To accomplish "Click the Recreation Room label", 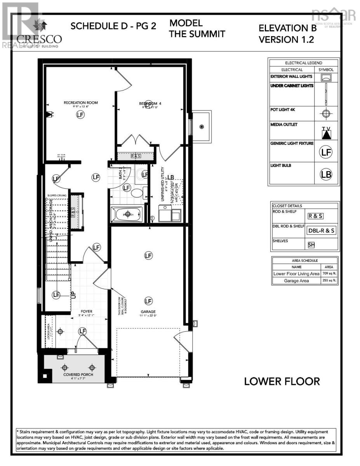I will click(x=80, y=103).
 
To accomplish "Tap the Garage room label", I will click(x=148, y=311).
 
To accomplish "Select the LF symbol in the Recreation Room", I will click(x=80, y=115).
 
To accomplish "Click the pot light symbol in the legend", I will click(x=326, y=113).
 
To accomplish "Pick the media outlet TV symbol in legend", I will click(x=326, y=133).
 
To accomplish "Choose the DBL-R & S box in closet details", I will click(x=322, y=230).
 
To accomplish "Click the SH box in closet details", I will click(x=311, y=245).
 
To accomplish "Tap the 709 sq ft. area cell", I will click(x=329, y=274).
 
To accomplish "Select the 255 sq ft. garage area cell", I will click(x=329, y=281).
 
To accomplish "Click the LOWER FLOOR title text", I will click(x=282, y=381).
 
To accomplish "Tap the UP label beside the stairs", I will click(x=73, y=294).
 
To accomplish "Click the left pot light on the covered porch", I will click(x=64, y=367).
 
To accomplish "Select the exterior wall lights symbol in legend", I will click(x=326, y=78).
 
